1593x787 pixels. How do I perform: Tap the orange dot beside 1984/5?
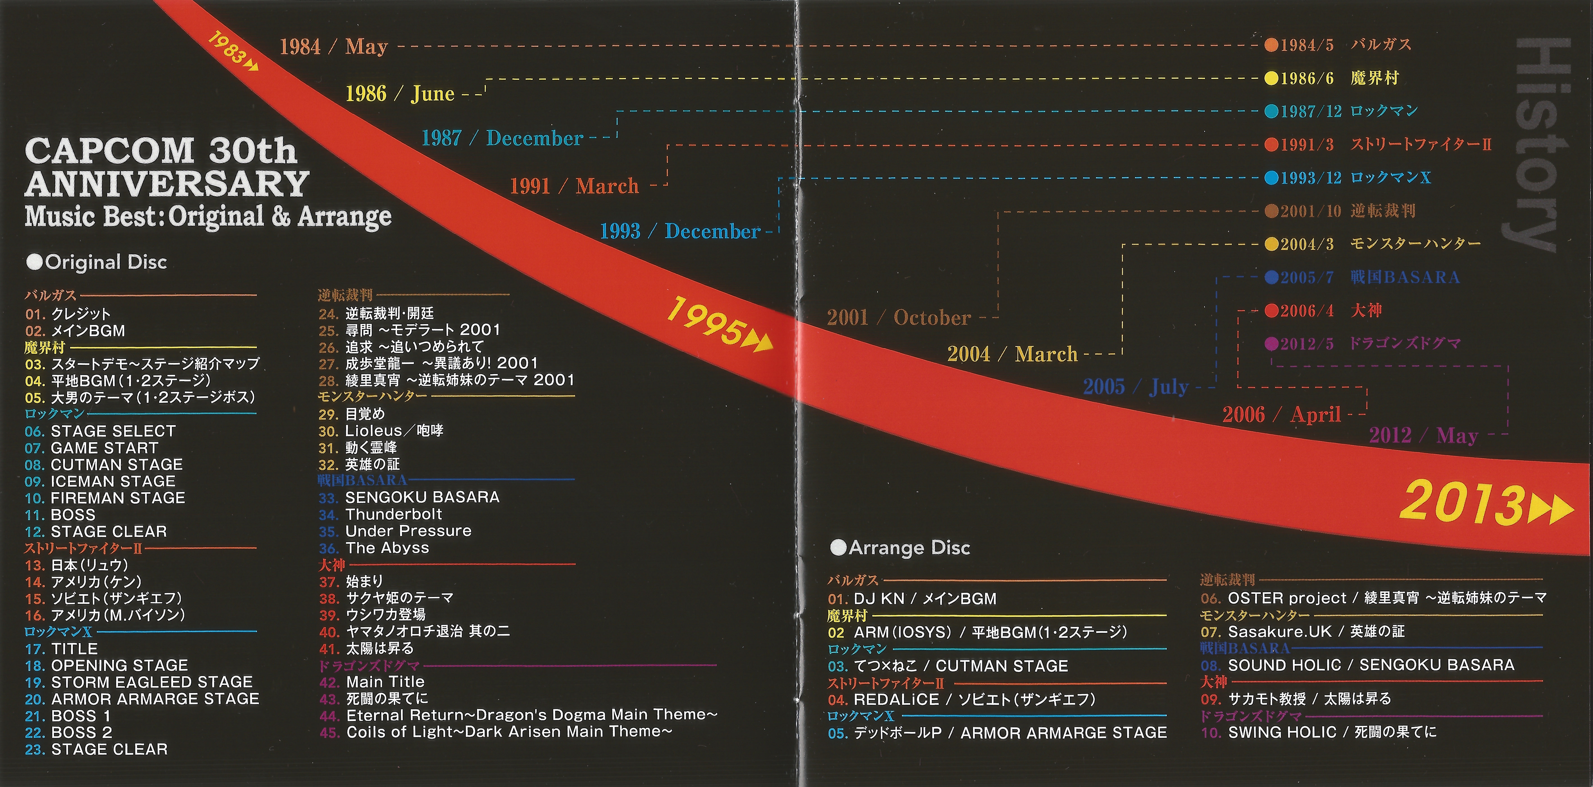click(x=1271, y=45)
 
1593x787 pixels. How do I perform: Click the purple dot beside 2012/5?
click(x=1271, y=343)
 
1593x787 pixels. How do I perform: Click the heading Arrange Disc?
click(x=901, y=548)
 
